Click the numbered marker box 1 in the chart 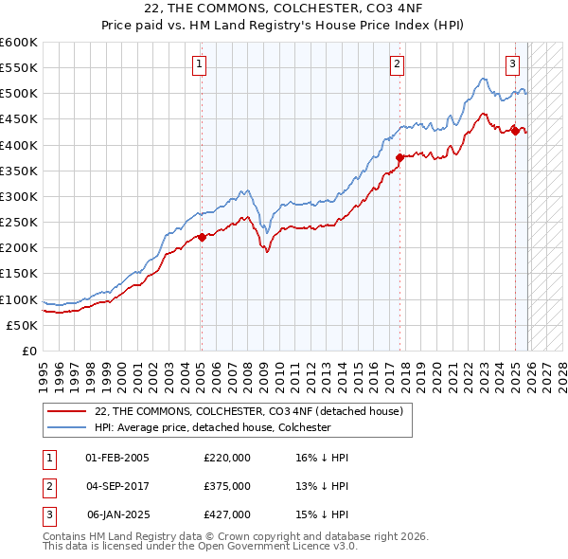[x=201, y=64]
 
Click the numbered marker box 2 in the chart [x=396, y=64]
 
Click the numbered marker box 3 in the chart [x=512, y=64]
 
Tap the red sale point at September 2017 [x=399, y=157]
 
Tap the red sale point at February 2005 [x=202, y=237]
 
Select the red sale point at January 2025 [x=515, y=131]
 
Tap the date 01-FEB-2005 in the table [x=117, y=458]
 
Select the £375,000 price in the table [x=227, y=486]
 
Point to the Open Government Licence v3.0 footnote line [x=200, y=547]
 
